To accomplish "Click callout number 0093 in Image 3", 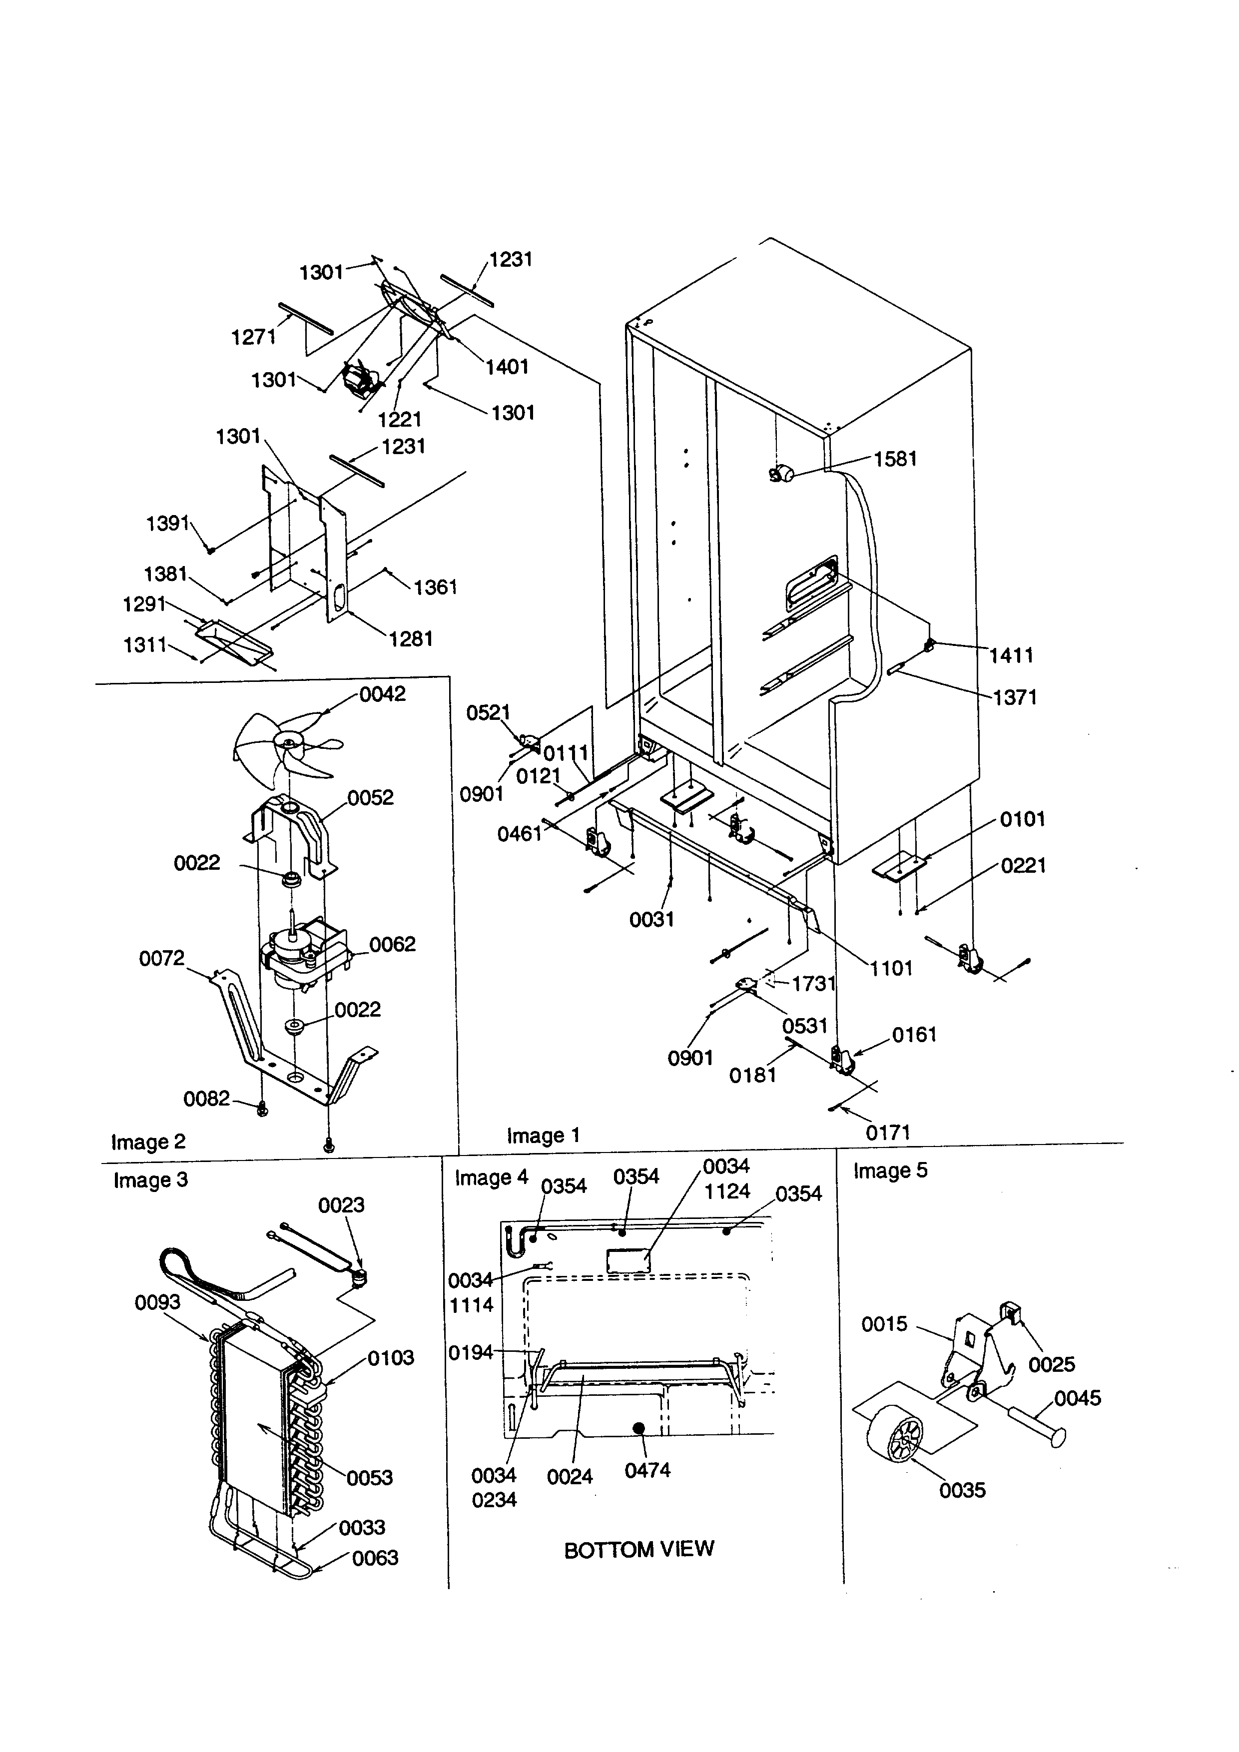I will (158, 1302).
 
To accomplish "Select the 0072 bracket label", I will (162, 958).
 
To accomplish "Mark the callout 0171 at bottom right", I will (888, 1133).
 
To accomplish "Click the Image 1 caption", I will (543, 1136).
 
